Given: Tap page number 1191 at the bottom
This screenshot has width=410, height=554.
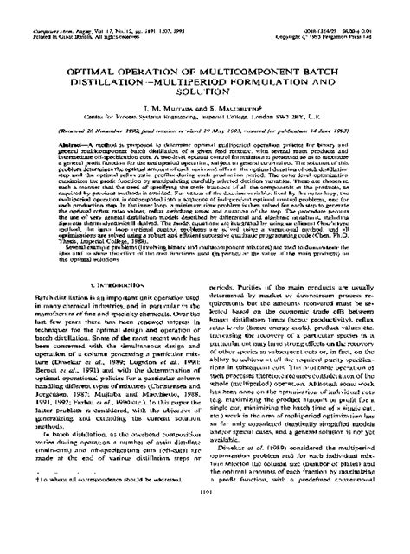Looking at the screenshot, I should [205, 540].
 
